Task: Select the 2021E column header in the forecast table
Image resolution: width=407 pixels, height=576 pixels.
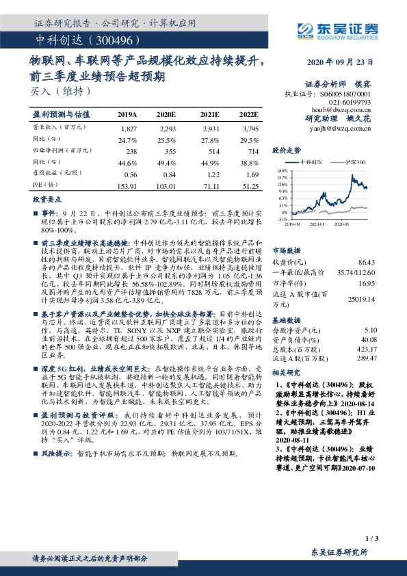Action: [x=209, y=114]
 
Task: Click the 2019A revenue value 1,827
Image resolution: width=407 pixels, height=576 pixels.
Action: [x=129, y=128]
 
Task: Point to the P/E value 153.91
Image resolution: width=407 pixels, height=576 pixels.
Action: [x=127, y=185]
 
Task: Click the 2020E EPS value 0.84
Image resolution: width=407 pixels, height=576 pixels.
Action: [x=169, y=174]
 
